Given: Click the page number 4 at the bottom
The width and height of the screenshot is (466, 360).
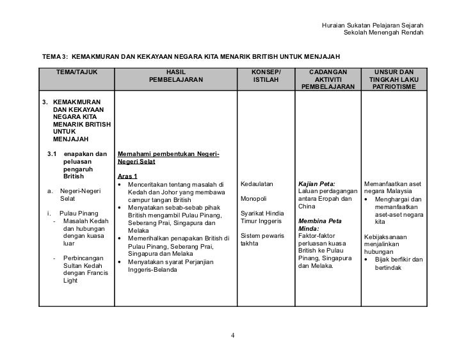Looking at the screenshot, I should [x=233, y=336].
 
